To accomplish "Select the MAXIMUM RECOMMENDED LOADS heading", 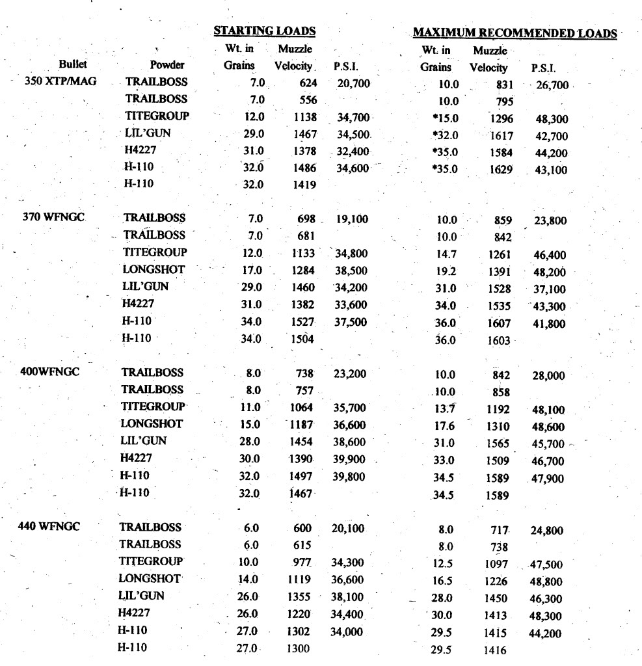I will tap(515, 33).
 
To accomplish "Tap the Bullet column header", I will tap(72, 66).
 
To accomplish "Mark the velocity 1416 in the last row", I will tap(496, 648).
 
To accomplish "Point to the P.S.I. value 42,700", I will tap(550, 137).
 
